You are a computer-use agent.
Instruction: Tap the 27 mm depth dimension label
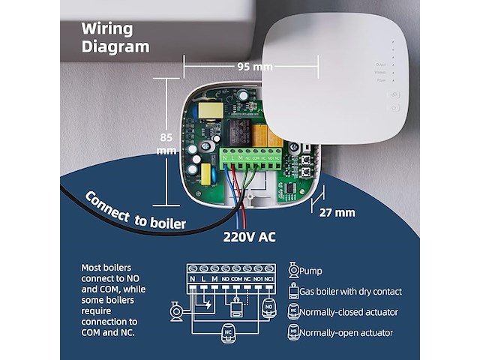coord(337,212)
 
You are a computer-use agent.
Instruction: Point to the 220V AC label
coord(249,237)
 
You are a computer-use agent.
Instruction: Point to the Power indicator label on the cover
coord(381,79)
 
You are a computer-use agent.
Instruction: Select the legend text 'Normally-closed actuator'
coord(349,312)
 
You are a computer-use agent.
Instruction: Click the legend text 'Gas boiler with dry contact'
coord(351,291)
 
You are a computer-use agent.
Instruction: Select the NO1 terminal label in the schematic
coord(258,279)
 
